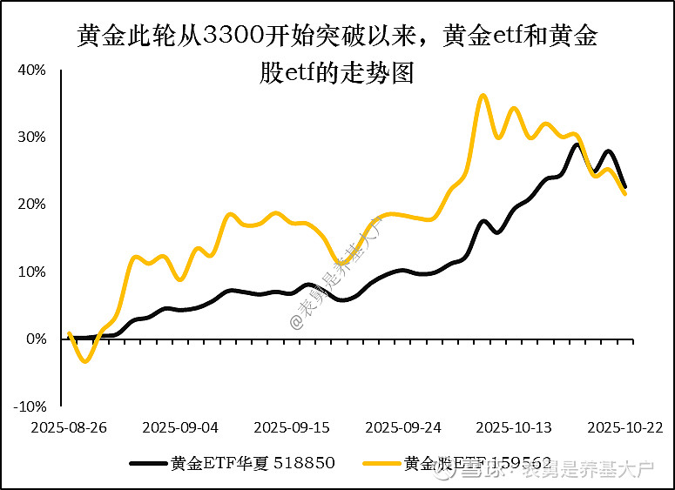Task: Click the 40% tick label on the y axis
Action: (34, 70)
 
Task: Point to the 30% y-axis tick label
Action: (34, 138)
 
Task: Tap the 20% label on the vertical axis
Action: (34, 205)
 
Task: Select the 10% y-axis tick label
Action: (34, 272)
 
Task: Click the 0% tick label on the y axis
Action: (37, 339)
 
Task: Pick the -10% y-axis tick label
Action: (32, 406)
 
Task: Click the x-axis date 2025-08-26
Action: (69, 428)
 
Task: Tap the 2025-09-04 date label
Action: (180, 428)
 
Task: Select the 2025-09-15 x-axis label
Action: (292, 428)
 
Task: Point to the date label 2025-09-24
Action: (403, 428)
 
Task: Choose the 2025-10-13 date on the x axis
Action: (515, 428)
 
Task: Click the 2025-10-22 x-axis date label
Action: (626, 428)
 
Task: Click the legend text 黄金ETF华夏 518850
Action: (253, 463)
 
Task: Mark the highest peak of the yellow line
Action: (484, 95)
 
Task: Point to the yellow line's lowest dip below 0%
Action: (84, 360)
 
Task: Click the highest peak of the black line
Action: (576, 144)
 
